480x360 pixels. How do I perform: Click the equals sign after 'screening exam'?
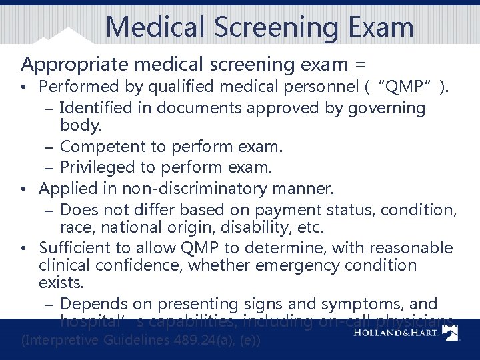(x=360, y=65)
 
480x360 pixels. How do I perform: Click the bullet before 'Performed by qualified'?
(x=24, y=87)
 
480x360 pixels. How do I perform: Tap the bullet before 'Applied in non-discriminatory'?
(x=24, y=189)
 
